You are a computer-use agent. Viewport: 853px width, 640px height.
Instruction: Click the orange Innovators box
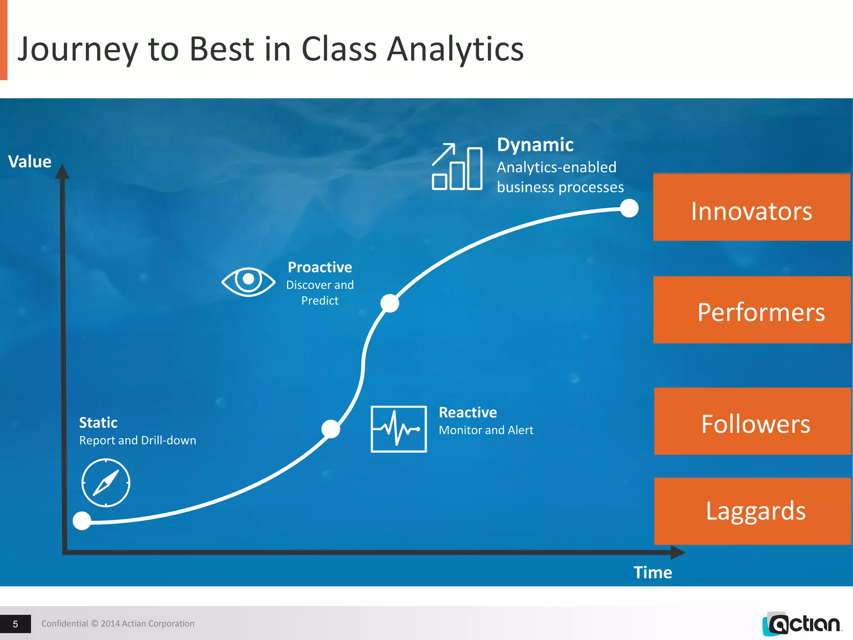(751, 207)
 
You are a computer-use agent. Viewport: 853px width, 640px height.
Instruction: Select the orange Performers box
(752, 310)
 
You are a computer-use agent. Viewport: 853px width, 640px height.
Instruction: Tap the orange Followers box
(752, 421)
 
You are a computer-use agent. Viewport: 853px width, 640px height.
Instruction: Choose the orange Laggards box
(752, 511)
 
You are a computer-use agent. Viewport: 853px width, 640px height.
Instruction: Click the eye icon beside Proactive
(248, 281)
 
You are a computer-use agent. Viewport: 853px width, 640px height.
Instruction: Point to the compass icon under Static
(106, 482)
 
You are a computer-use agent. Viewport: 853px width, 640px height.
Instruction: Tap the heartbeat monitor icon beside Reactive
(399, 429)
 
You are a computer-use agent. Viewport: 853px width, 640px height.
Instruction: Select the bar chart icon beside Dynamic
(457, 167)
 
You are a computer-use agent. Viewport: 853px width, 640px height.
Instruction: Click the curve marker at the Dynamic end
(629, 208)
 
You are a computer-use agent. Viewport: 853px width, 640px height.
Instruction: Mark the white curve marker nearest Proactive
(390, 303)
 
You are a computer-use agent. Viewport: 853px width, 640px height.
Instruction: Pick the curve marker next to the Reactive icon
(331, 429)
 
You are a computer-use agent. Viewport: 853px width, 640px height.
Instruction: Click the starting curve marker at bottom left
(82, 520)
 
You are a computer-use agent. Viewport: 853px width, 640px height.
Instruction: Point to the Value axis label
(30, 162)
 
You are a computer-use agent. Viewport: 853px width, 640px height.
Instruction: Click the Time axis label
(653, 572)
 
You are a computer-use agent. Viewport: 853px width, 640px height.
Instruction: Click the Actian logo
(802, 624)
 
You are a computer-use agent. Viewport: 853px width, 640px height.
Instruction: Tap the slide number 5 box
(15, 624)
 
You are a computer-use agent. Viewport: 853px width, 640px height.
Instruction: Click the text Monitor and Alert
(486, 430)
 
